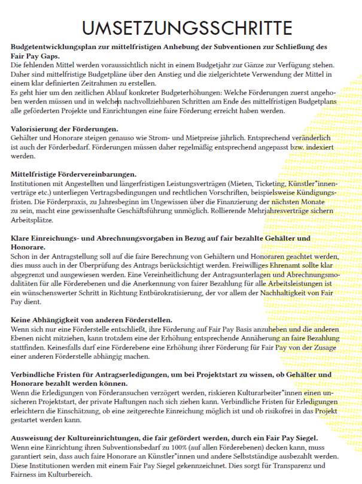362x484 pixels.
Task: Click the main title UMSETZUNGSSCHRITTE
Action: pyautogui.click(x=181, y=28)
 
